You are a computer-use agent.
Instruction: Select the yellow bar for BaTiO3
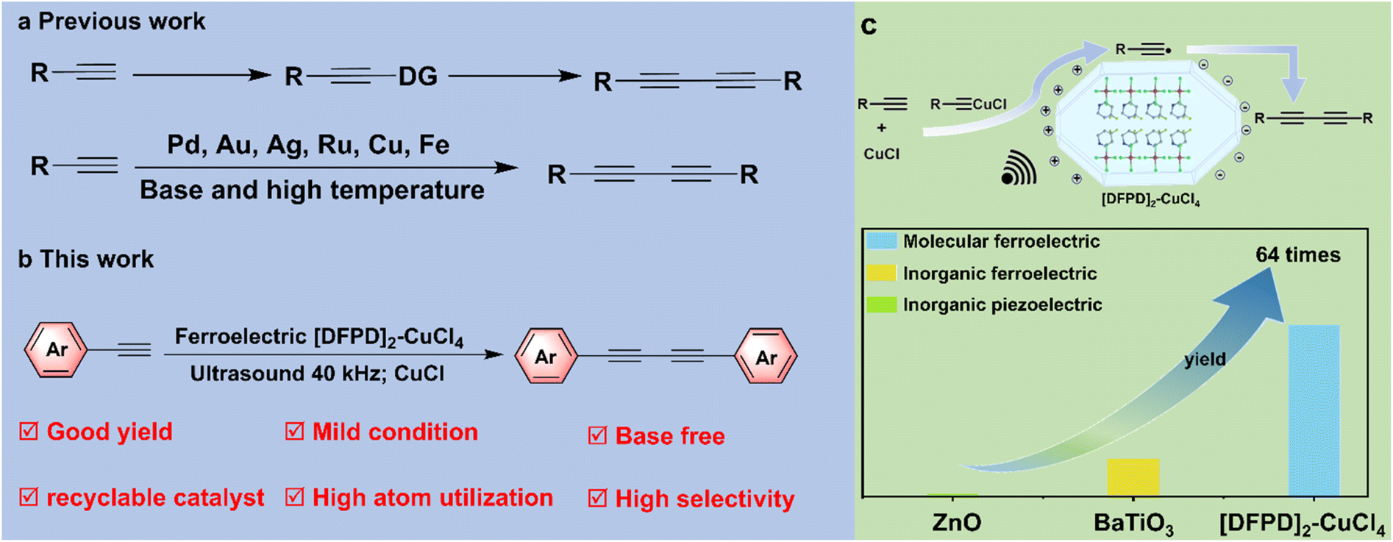(x=1133, y=477)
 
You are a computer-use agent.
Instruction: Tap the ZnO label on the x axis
(x=956, y=522)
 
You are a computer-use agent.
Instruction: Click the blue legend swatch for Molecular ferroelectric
(x=881, y=240)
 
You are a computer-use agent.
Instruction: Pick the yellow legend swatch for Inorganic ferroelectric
(x=881, y=273)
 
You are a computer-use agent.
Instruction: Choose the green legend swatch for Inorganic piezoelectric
(x=881, y=304)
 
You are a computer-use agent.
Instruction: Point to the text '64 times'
(x=1297, y=255)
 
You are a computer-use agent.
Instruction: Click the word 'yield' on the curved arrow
(x=1205, y=359)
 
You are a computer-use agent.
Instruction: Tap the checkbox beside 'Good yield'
(x=29, y=431)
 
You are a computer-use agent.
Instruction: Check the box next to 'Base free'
(x=597, y=435)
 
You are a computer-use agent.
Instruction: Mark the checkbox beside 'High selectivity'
(x=597, y=499)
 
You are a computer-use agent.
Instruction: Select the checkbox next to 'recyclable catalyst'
(x=29, y=497)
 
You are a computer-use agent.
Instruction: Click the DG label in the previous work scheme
(x=418, y=76)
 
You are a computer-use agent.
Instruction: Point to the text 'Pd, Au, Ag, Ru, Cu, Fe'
(x=308, y=145)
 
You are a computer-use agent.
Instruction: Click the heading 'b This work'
(x=86, y=259)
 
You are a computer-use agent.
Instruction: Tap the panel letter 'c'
(x=869, y=26)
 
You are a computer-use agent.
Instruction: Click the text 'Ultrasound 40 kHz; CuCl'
(x=317, y=374)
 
